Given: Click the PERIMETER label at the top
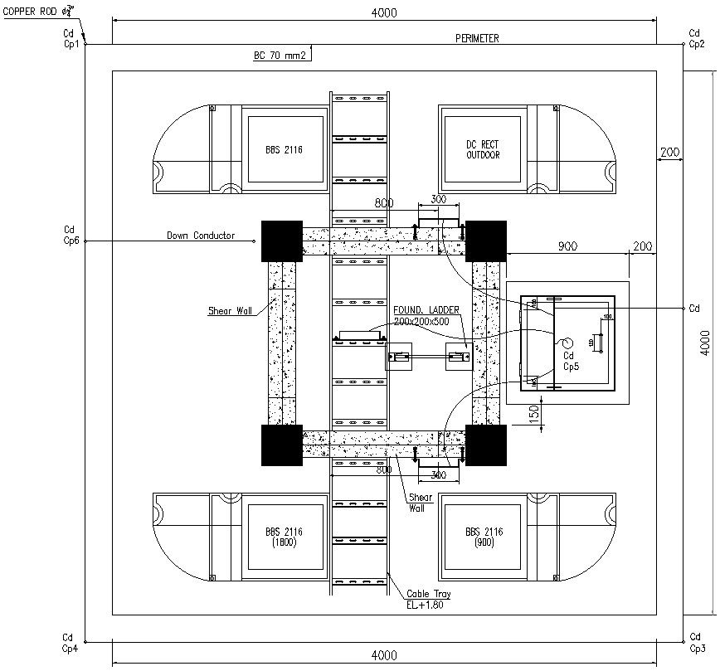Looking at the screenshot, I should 477,39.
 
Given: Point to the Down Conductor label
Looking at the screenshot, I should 201,236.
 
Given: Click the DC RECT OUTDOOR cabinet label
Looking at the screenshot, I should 483,149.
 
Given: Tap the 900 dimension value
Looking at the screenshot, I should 567,246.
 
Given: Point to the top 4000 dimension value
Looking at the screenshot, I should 383,12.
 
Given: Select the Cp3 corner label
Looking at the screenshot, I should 697,649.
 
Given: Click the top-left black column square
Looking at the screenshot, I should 281,241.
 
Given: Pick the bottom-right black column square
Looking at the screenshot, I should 485,445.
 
